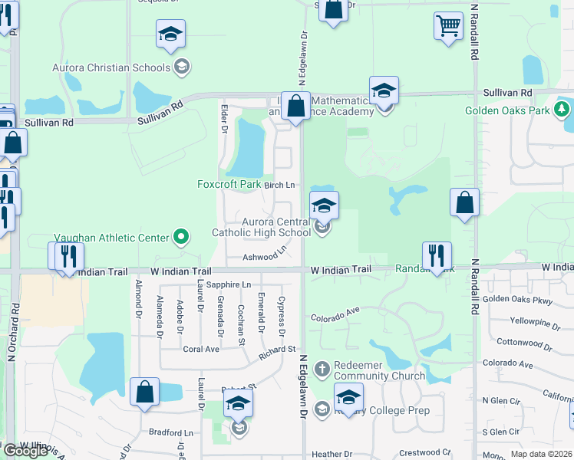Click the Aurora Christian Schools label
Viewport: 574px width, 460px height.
(111, 67)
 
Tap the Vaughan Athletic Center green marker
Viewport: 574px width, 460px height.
(181, 237)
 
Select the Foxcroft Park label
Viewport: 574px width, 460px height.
(229, 184)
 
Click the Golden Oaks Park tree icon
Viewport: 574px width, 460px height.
(562, 110)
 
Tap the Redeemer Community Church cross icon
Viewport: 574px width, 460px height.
(322, 369)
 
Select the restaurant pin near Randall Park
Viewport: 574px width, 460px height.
(437, 256)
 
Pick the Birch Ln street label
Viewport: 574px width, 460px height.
(279, 185)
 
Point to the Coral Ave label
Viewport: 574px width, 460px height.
(201, 349)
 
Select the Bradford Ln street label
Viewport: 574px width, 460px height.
(170, 432)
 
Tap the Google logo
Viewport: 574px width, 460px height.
(25, 451)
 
